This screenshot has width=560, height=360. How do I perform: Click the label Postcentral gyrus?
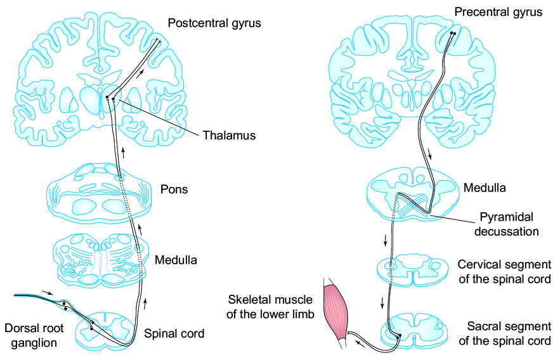tap(214, 23)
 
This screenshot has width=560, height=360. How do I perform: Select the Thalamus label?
tap(229, 135)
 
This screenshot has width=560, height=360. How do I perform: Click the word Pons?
tap(174, 190)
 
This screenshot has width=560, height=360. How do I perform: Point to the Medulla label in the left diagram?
tap(176, 260)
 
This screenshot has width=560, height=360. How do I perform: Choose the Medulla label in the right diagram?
tap(485, 188)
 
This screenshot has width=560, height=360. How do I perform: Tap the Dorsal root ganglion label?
tap(33, 335)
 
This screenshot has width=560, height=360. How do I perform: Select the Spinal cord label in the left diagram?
tap(174, 333)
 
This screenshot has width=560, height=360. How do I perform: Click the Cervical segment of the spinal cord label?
tap(504, 271)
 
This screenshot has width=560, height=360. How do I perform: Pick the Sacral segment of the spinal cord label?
tap(509, 334)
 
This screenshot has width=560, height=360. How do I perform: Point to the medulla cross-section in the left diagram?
tap(101, 259)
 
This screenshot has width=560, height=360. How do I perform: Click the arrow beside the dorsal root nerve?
tap(47, 292)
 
